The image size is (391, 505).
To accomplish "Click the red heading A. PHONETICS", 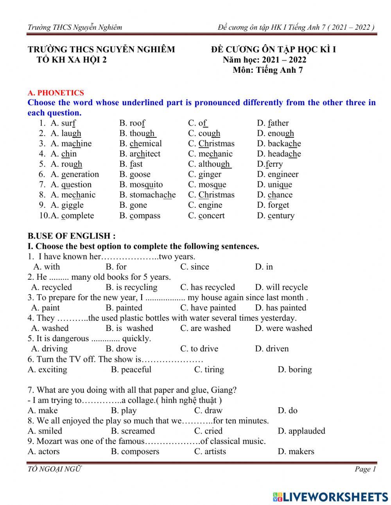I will click(x=56, y=93).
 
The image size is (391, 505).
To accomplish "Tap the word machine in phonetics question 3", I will click(x=76, y=144).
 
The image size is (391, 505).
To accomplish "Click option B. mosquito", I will click(x=141, y=185).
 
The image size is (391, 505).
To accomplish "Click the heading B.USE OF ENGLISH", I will click(x=71, y=236).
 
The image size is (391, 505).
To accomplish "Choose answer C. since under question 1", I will click(x=194, y=267).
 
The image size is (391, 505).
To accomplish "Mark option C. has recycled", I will click(x=207, y=287).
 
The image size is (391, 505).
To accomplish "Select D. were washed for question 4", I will click(x=283, y=328).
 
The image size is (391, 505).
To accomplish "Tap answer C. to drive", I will click(x=199, y=349).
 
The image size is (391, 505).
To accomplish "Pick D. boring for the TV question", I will click(x=294, y=369).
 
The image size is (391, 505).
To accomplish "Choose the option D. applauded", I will click(x=301, y=431).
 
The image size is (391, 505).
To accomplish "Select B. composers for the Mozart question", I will click(x=135, y=451).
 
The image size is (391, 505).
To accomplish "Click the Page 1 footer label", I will click(x=365, y=469).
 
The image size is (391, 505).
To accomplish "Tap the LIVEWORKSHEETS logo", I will click(x=330, y=497).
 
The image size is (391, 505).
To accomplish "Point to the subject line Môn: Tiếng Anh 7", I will click(x=267, y=70).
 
